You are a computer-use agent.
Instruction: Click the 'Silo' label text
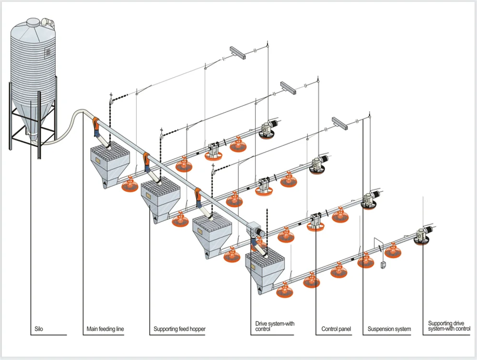(38, 329)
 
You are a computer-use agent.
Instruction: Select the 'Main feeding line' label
(105, 329)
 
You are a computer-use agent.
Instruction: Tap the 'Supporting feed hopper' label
(179, 329)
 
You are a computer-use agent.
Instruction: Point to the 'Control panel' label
(336, 329)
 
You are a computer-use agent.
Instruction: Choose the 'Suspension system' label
(389, 329)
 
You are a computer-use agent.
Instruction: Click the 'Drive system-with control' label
(275, 326)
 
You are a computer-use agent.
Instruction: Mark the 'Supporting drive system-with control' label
(449, 326)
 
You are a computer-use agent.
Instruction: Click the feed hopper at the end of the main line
(265, 269)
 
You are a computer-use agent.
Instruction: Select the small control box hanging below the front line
(383, 264)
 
